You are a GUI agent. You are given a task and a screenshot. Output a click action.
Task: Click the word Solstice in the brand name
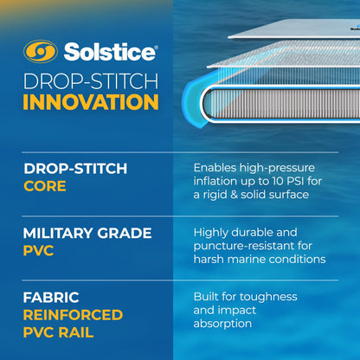106,53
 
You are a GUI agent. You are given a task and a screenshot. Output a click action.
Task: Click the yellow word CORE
44,186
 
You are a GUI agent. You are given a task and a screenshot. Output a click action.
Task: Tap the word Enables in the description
216,167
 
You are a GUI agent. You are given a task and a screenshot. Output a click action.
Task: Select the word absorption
223,323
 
